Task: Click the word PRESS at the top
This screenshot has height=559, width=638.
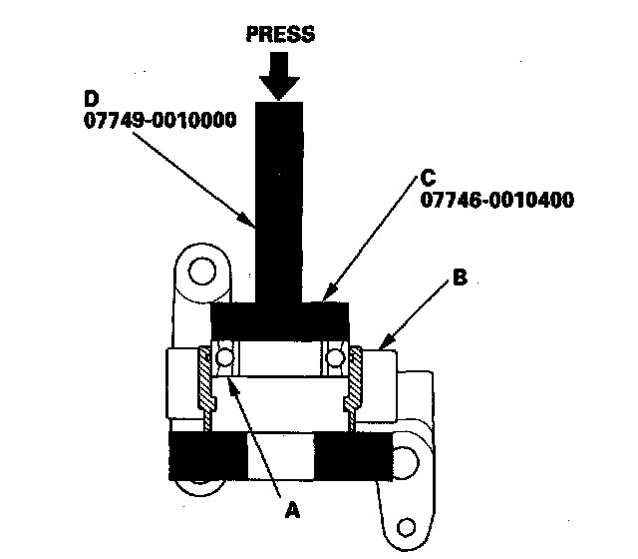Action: [279, 35]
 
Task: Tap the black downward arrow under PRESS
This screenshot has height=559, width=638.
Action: [279, 75]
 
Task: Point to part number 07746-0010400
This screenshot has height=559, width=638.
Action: [496, 199]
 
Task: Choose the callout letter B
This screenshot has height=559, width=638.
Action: [461, 279]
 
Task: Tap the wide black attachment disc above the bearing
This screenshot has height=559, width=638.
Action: [280, 320]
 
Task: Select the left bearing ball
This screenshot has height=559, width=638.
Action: [226, 357]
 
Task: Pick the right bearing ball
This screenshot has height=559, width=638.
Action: [334, 357]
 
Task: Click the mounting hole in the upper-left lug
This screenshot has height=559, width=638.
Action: [200, 271]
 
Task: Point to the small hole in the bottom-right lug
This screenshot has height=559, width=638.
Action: [406, 526]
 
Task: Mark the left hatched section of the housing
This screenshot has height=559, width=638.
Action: [207, 384]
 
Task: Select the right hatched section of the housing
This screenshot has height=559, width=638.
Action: [354, 384]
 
